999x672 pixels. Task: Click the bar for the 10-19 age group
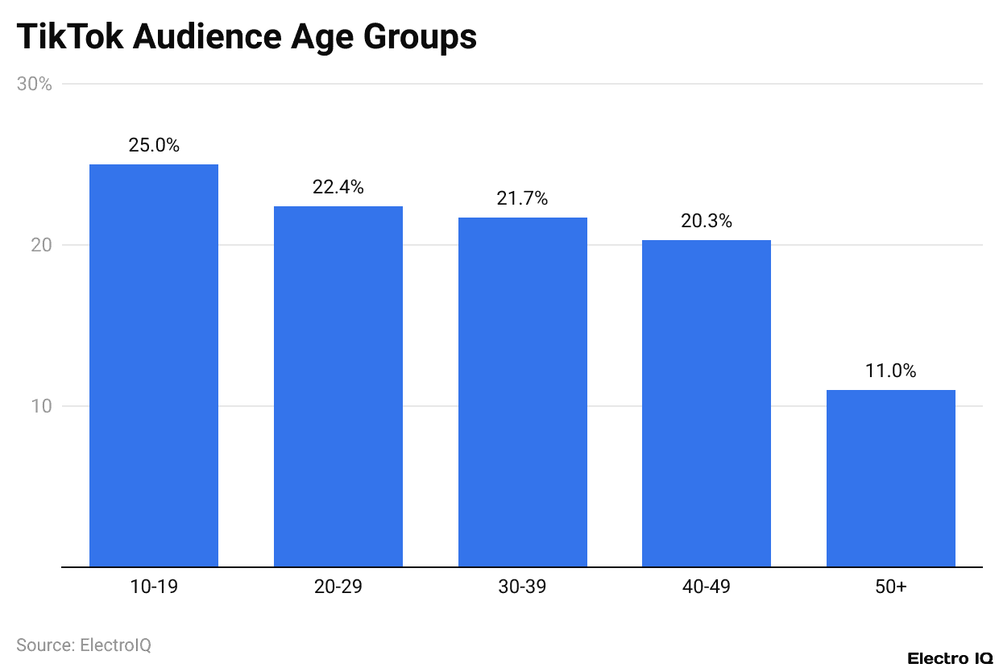click(x=154, y=365)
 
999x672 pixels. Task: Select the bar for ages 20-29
click(x=338, y=386)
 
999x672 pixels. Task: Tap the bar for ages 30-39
click(x=523, y=392)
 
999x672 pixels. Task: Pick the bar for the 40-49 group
click(x=707, y=403)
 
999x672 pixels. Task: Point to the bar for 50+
click(x=891, y=478)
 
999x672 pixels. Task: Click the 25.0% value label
click(x=154, y=146)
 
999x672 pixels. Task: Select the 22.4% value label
click(x=338, y=188)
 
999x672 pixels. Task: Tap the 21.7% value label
click(x=522, y=198)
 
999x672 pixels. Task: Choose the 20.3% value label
click(x=707, y=221)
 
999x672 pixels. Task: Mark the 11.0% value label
click(x=891, y=371)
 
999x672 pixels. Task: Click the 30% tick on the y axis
click(x=35, y=84)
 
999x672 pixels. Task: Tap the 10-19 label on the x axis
click(x=154, y=587)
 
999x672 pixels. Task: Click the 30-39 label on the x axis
click(x=522, y=587)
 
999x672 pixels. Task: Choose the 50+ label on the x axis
click(x=891, y=587)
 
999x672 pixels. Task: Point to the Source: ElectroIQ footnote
click(x=84, y=645)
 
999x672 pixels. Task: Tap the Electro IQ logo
click(x=949, y=658)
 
